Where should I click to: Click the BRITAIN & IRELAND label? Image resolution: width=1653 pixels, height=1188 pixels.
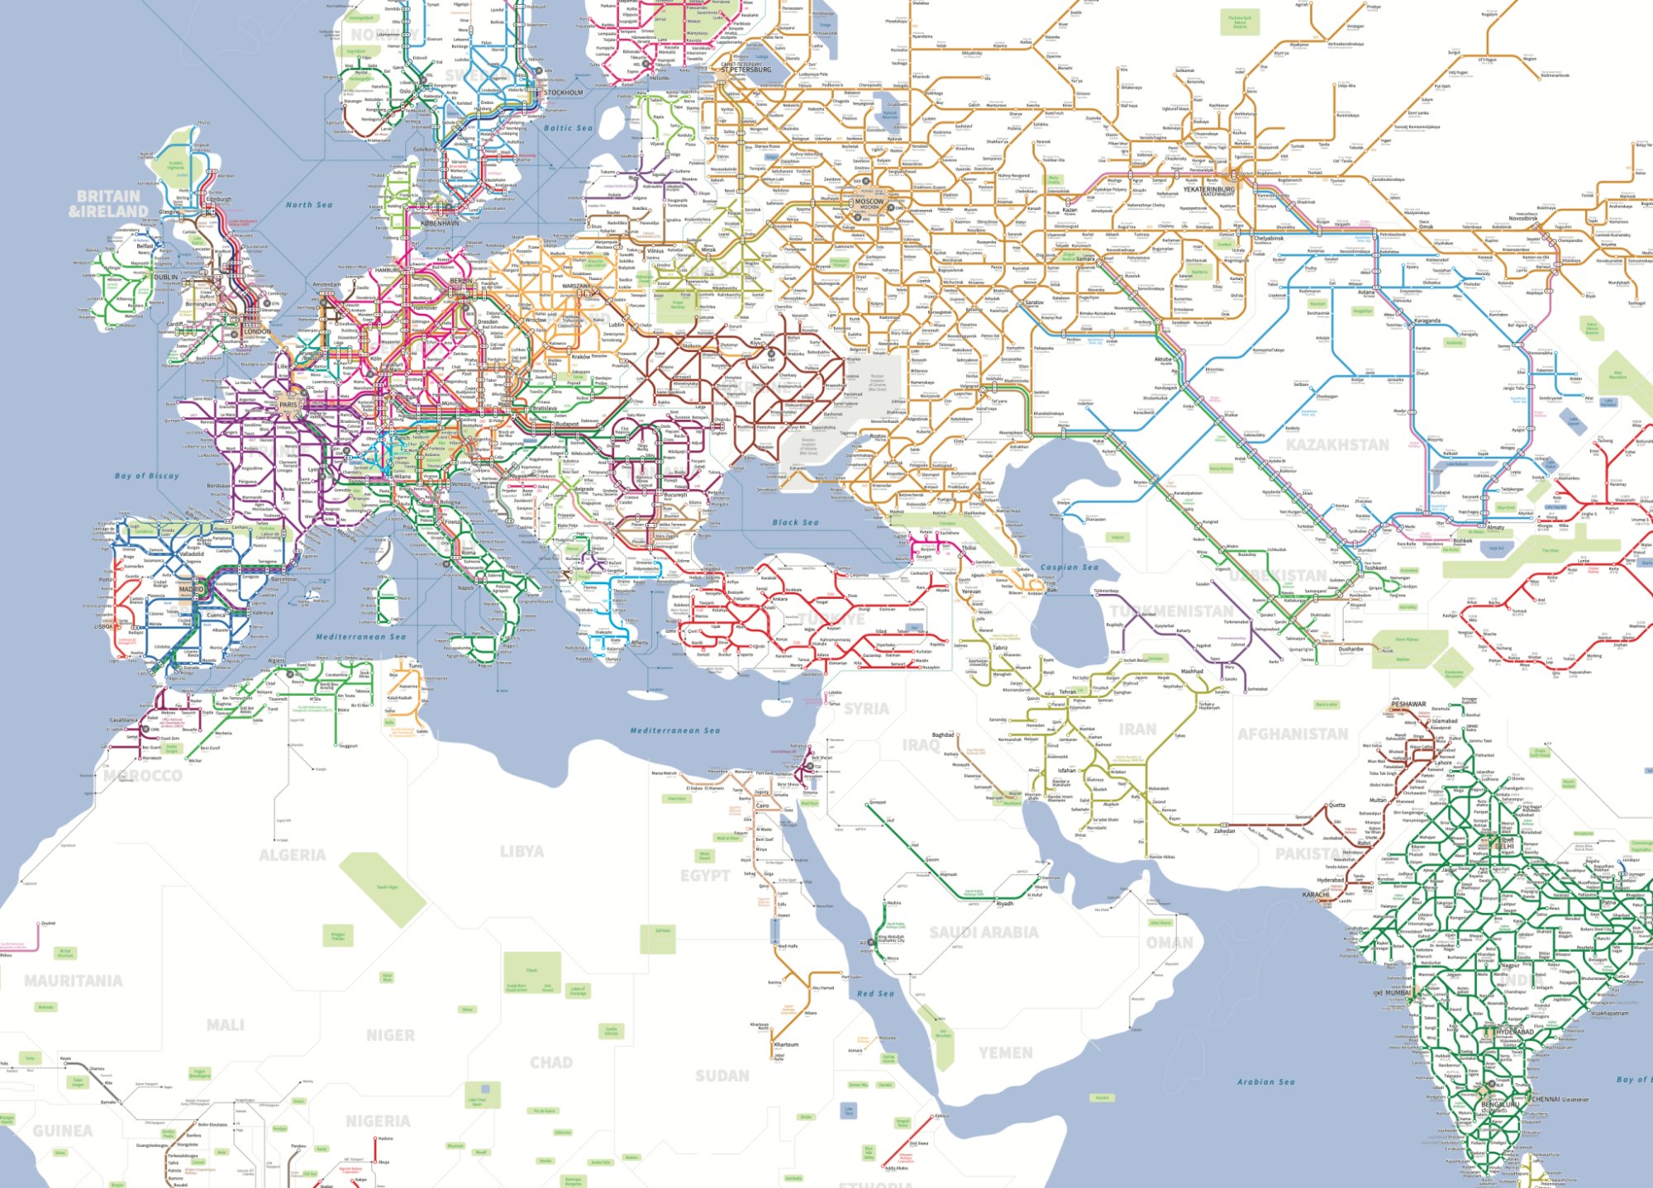[108, 203]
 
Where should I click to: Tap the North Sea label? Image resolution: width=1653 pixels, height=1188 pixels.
[309, 205]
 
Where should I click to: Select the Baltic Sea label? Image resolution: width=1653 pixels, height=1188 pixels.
[568, 128]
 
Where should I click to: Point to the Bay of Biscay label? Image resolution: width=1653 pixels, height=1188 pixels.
[146, 476]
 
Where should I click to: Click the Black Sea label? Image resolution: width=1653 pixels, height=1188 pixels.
[795, 522]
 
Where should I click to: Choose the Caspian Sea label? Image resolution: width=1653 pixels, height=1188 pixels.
[1069, 567]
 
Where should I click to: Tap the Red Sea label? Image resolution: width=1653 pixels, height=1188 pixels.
[875, 993]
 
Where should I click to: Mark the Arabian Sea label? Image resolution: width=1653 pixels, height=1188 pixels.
[1265, 1081]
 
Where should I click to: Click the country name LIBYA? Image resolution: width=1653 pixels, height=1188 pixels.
[522, 851]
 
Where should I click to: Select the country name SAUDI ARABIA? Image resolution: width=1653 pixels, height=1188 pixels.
[984, 932]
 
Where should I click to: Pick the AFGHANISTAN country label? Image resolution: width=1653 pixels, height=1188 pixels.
[1293, 734]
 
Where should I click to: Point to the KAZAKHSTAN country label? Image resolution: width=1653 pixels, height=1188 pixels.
[1337, 444]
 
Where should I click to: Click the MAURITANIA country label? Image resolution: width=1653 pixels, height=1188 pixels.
[74, 981]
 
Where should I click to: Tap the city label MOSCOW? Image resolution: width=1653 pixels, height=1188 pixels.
[869, 201]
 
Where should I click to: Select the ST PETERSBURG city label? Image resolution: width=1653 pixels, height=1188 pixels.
[746, 69]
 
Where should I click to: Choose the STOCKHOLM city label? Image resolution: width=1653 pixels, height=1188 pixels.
[564, 93]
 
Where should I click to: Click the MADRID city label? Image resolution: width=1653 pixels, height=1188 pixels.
[192, 589]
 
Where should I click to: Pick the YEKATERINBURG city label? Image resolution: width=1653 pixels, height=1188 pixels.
[1208, 189]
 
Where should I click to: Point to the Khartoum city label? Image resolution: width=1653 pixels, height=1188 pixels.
[787, 1044]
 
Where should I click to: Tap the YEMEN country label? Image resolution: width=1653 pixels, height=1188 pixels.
[1005, 1053]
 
